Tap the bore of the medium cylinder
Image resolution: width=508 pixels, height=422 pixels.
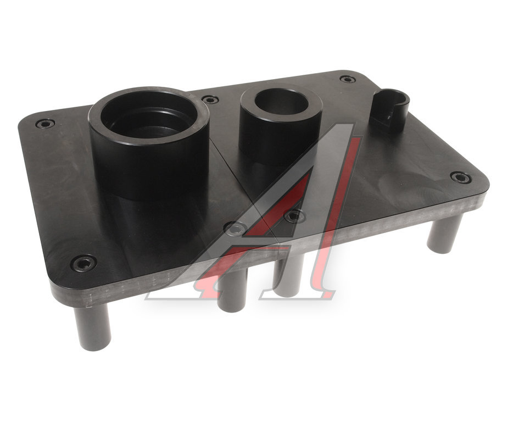(281, 102)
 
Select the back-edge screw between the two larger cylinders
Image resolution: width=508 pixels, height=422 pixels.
(210, 99)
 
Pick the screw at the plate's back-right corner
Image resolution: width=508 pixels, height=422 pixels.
(348, 79)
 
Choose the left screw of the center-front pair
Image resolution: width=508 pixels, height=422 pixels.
(236, 228)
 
